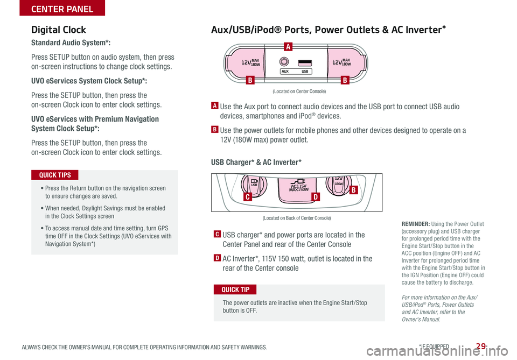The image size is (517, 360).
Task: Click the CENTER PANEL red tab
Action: pos(62,8)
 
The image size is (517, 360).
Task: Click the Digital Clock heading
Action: pos(58,30)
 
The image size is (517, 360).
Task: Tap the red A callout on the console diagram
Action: pos(288,46)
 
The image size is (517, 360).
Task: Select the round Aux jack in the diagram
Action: pos(284,61)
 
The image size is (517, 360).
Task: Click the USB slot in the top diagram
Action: pos(305,62)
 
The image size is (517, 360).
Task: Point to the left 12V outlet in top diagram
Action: pos(245,62)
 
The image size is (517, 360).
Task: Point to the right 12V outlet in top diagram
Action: pos(346,62)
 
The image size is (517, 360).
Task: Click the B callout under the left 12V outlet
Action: pos(250,80)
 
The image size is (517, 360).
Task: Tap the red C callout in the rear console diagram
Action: pos(247,197)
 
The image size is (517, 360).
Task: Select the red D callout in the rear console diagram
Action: pos(316,197)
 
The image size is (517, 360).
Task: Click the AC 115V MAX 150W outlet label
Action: pos(298,188)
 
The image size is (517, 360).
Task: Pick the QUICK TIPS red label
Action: pos(55,175)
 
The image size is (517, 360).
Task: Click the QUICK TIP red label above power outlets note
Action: pos(235,290)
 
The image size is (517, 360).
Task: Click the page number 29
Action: pos(481,346)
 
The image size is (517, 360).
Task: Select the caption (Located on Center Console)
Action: pos(299,91)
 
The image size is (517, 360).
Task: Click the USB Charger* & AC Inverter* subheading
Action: pos(256,162)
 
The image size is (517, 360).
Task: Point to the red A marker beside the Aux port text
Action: pos(214,105)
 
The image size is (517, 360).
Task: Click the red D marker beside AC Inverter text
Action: pos(217,258)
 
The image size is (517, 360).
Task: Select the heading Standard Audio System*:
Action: pos(71,43)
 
